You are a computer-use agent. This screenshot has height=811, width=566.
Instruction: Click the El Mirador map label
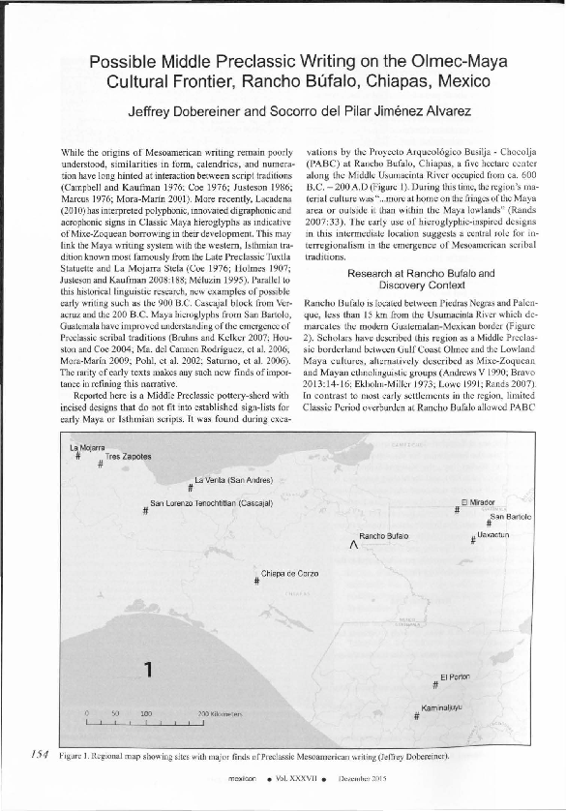[478, 501]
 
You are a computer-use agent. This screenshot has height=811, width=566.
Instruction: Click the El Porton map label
[455, 676]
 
